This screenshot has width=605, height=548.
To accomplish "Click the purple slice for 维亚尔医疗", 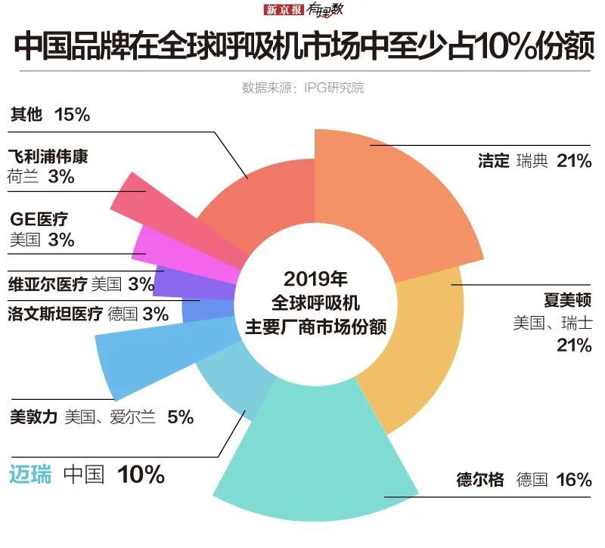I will (x=178, y=278).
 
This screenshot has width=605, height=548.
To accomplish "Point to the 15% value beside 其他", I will (x=73, y=115).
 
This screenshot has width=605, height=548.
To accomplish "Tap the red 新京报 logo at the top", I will (x=282, y=11).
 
